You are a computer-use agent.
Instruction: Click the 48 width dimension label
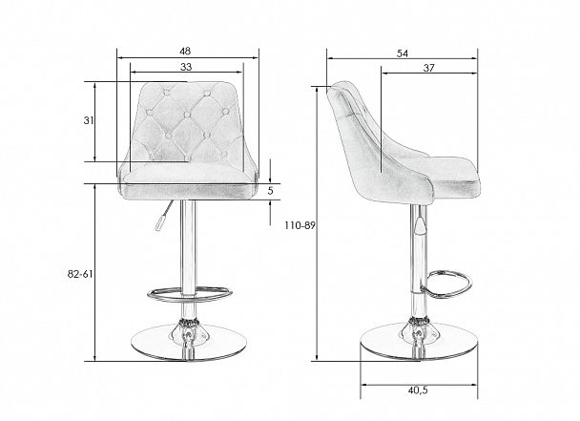click(x=185, y=51)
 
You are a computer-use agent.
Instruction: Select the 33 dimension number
click(x=186, y=67)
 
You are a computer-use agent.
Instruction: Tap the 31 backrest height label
click(x=89, y=120)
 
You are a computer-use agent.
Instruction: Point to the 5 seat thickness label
click(x=270, y=191)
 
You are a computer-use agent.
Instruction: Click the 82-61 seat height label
click(x=80, y=274)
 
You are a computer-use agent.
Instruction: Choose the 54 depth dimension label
click(x=403, y=53)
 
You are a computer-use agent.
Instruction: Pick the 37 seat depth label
click(x=428, y=68)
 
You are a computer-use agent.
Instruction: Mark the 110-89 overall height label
click(x=300, y=225)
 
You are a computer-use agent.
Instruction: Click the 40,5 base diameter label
click(x=418, y=389)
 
